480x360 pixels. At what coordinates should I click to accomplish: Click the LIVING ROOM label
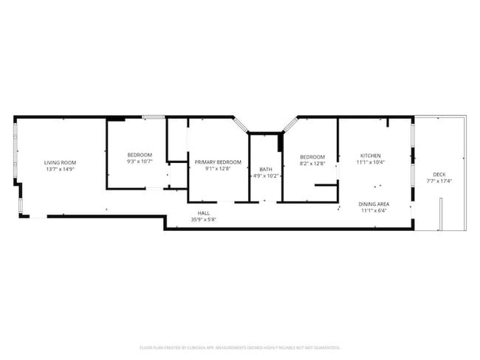(60, 162)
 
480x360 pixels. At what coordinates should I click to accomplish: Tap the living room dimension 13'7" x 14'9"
(60, 169)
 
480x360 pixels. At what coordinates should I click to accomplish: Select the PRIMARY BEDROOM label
(218, 162)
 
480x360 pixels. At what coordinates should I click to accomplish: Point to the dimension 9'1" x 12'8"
(218, 168)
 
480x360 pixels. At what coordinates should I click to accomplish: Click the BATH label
(265, 169)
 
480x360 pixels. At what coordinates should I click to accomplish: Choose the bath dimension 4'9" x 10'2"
(265, 176)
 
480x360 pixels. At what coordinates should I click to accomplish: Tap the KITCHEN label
(370, 156)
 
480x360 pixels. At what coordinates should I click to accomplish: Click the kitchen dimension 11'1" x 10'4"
(370, 162)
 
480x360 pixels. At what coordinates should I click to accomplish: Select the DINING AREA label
(374, 204)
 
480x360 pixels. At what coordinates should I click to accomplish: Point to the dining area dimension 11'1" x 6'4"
(374, 210)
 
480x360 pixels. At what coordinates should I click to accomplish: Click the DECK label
(439, 174)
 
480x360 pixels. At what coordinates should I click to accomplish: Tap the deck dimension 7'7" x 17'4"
(439, 181)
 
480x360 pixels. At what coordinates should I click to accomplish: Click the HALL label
(203, 213)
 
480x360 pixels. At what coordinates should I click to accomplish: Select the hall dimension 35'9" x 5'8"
(203, 220)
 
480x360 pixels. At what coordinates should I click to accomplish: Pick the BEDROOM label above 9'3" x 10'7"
(140, 154)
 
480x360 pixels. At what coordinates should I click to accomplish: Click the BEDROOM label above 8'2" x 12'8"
(312, 156)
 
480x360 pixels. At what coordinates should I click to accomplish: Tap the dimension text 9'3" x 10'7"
(140, 161)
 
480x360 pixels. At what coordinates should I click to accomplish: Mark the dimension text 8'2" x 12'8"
(312, 163)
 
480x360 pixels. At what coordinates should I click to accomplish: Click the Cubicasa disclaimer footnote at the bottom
(239, 347)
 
